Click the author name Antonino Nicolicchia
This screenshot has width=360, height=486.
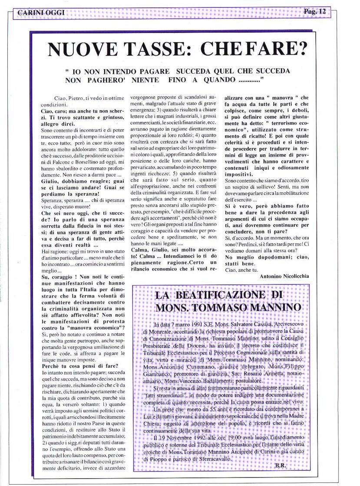click(284, 276)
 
